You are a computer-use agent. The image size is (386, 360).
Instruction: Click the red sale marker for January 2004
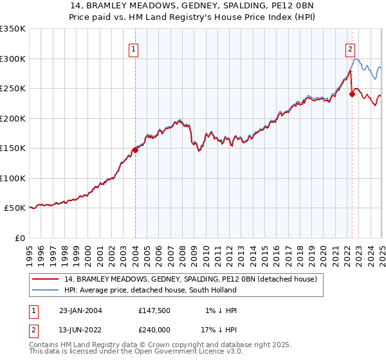pyautogui.click(x=136, y=150)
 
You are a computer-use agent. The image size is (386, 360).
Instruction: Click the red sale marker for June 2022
pyautogui.click(x=352, y=94)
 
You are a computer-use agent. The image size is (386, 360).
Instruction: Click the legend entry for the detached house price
pyautogui.click(x=190, y=279)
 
